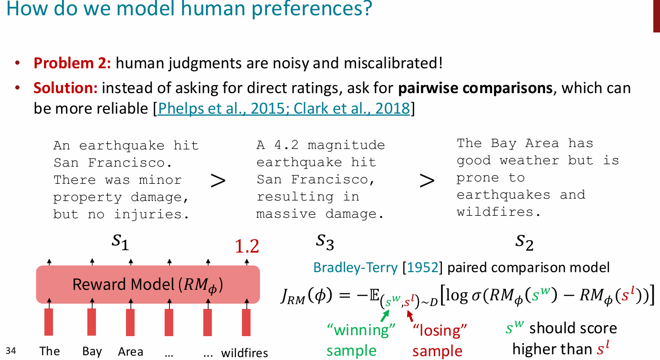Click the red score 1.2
(247, 246)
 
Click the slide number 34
(11, 350)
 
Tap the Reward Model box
(148, 285)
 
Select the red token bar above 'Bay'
(92, 322)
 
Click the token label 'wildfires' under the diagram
(244, 353)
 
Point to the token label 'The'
(50, 351)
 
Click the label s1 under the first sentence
(120, 243)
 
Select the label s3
(325, 243)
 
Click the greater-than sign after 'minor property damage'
(218, 180)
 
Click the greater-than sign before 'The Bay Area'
(427, 180)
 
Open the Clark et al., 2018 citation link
(352, 108)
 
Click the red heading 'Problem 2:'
(72, 63)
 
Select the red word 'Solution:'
(65, 88)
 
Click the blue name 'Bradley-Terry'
(356, 268)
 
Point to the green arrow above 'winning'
(385, 316)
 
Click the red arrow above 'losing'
(410, 316)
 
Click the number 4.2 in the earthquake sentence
(286, 145)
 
